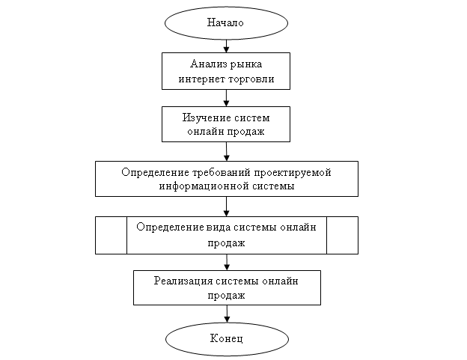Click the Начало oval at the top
click(x=226, y=22)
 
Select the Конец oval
click(x=226, y=339)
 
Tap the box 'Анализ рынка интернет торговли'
click(x=226, y=70)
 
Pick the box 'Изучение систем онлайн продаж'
click(x=226, y=124)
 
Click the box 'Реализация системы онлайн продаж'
click(x=227, y=287)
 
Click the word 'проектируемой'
click(x=287, y=172)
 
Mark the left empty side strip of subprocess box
click(x=111, y=235)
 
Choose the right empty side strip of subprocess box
click(x=343, y=235)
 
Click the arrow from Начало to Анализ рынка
click(x=226, y=46)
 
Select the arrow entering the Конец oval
click(x=226, y=314)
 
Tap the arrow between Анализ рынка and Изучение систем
click(x=226, y=98)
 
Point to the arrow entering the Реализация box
click(x=226, y=262)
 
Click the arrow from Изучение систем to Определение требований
click(x=226, y=152)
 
